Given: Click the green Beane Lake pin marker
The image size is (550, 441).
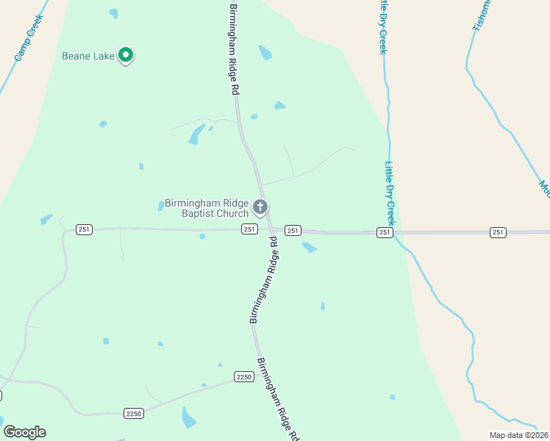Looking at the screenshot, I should click(x=126, y=54).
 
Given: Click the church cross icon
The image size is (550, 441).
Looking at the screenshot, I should click(x=260, y=207).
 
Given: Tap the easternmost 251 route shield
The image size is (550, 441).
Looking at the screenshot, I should click(x=499, y=232).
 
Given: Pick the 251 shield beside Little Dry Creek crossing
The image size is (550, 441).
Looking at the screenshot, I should click(x=385, y=232).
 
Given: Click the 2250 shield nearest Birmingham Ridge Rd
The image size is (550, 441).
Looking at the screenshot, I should click(x=244, y=376).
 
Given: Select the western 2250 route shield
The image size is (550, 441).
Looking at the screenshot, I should click(x=134, y=414).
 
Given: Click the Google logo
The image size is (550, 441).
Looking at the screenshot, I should click(x=24, y=432).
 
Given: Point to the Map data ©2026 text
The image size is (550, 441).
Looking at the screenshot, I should click(x=518, y=435).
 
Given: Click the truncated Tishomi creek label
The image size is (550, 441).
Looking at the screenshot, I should click(x=480, y=15).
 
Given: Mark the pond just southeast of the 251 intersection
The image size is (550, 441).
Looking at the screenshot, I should click(x=310, y=248).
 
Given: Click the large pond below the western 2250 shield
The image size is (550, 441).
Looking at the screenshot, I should click(x=189, y=418).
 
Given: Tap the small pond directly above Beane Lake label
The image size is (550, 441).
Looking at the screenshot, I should click(x=113, y=13).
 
